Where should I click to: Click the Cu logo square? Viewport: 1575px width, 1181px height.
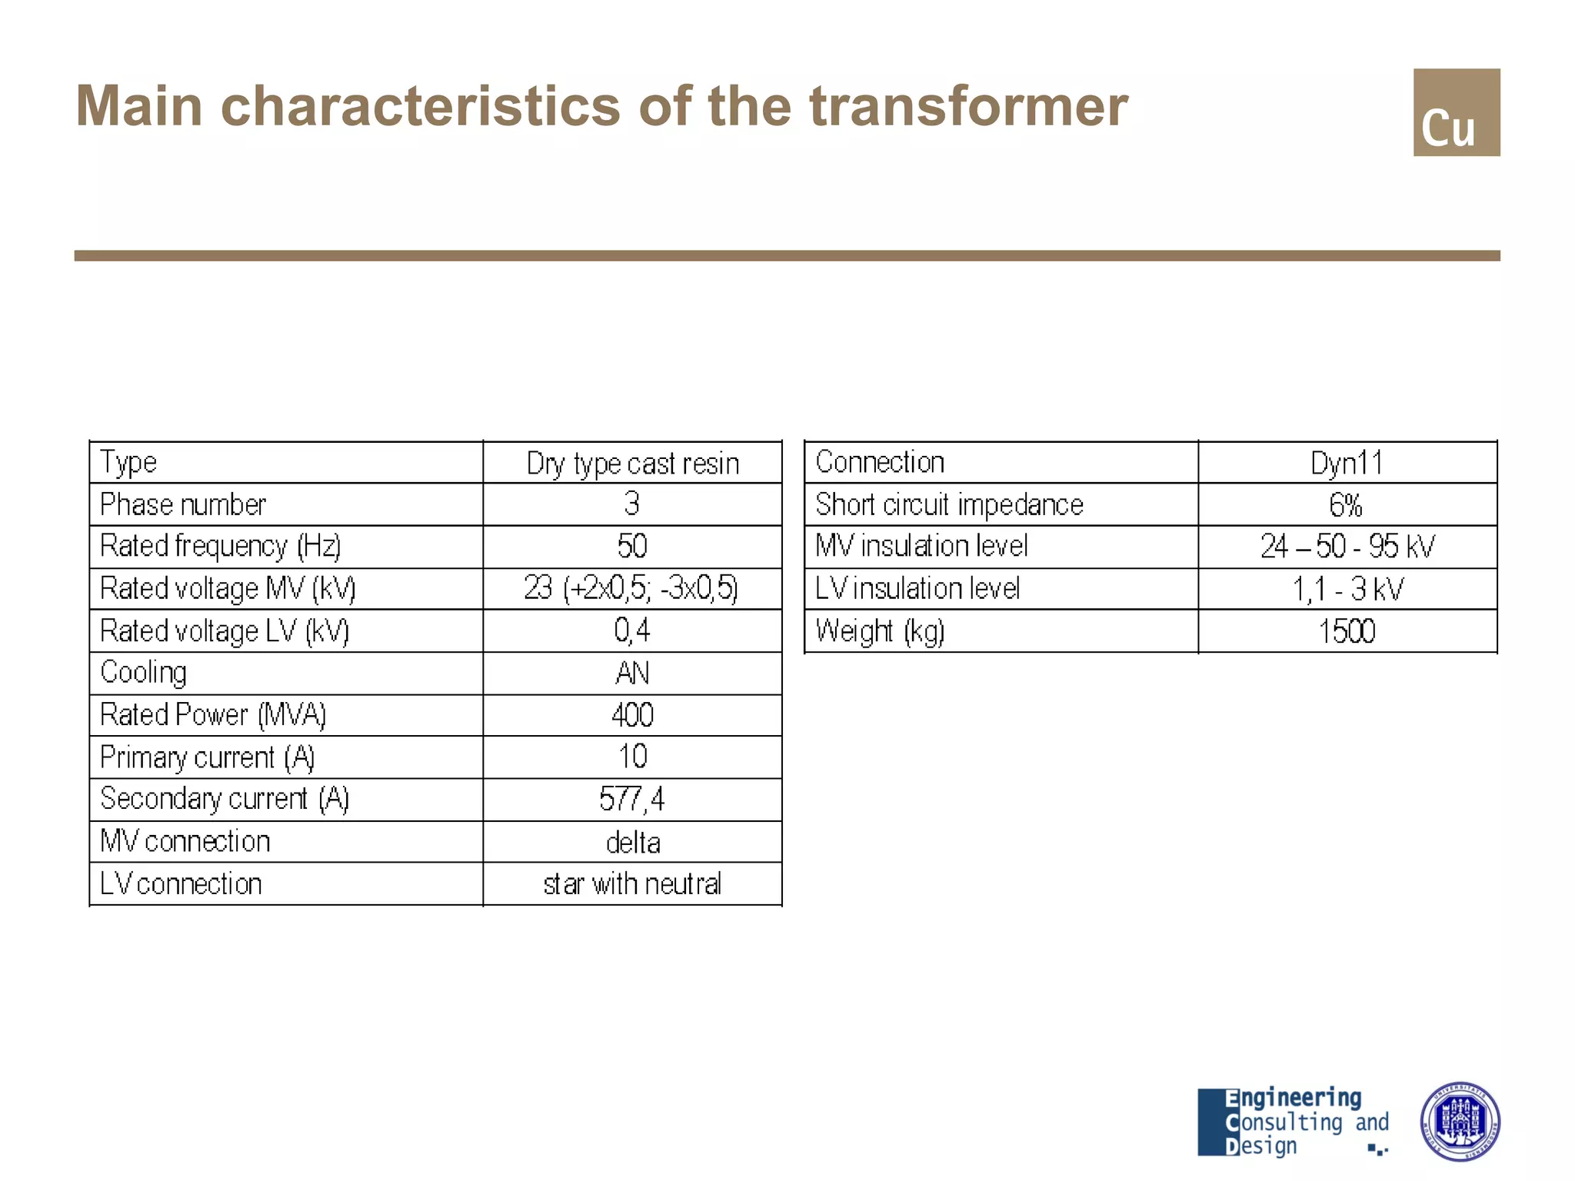click(1456, 112)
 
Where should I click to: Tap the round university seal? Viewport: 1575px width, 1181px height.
click(1459, 1121)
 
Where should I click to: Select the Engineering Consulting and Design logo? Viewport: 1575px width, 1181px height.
click(1294, 1122)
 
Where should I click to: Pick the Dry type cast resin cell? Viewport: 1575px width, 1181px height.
click(632, 464)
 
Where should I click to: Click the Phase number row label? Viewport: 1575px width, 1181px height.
click(183, 505)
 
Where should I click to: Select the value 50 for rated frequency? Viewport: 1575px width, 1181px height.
click(632, 547)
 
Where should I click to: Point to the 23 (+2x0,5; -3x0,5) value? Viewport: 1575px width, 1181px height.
click(631, 589)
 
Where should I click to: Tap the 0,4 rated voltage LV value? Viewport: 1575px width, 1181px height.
click(632, 631)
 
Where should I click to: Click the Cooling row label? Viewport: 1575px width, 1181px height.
click(144, 673)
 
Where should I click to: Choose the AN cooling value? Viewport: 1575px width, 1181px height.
click(632, 674)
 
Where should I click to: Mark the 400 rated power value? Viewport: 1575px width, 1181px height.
click(632, 716)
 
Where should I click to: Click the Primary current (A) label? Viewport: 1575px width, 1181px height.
click(208, 758)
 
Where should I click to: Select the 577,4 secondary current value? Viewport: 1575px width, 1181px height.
click(632, 800)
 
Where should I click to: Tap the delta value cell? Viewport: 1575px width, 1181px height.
click(632, 843)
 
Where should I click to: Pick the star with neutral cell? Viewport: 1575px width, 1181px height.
click(632, 885)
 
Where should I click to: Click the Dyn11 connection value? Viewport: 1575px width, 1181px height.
click(1347, 464)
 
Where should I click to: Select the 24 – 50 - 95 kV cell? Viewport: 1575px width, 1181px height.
click(1347, 547)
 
